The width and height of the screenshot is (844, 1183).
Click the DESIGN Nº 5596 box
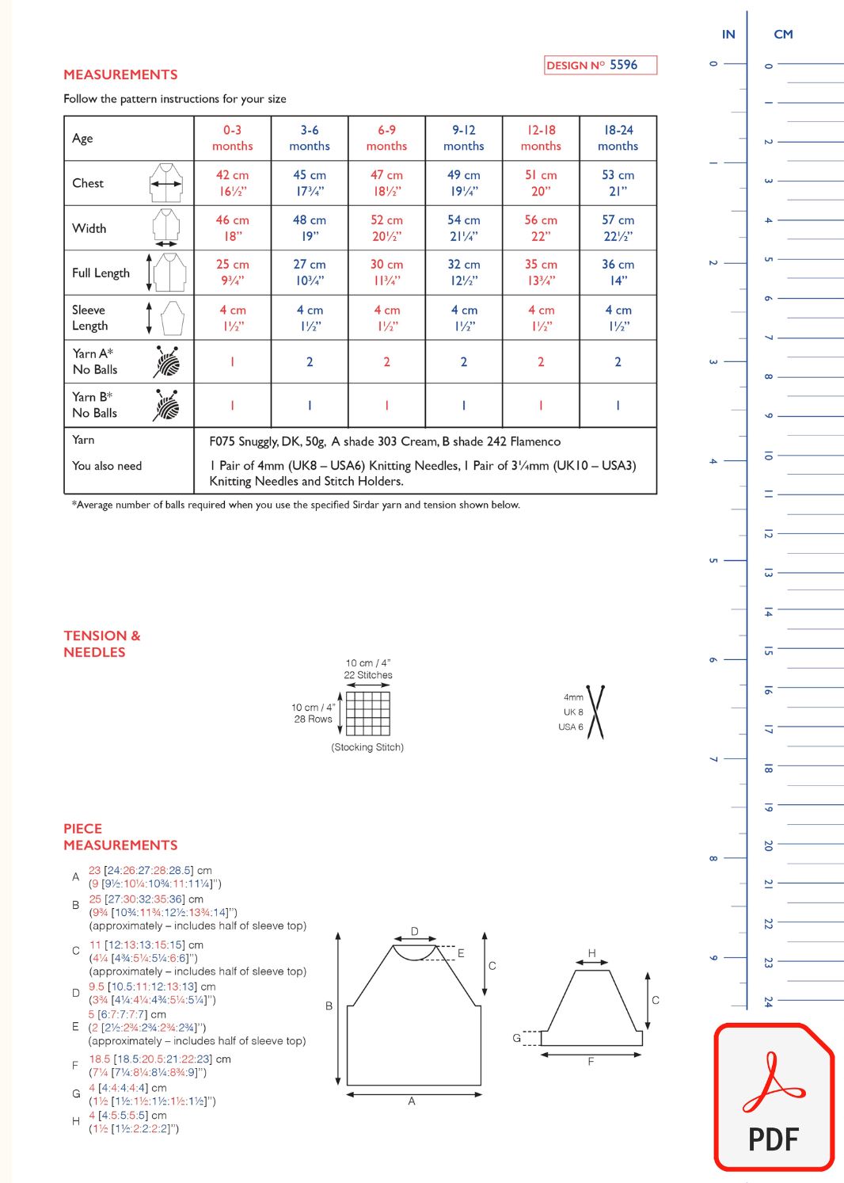click(x=601, y=65)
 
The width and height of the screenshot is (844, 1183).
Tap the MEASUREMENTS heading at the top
click(x=120, y=74)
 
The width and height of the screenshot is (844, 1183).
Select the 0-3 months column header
click(x=232, y=138)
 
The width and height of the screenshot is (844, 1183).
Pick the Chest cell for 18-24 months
click(x=618, y=183)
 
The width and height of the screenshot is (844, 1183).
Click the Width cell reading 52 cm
click(x=386, y=228)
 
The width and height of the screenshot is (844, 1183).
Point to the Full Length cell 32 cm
click(x=463, y=273)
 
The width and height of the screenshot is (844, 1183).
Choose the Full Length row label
click(x=101, y=273)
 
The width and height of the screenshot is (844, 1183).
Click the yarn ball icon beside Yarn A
click(x=166, y=362)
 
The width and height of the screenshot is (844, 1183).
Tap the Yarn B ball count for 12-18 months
click(x=541, y=406)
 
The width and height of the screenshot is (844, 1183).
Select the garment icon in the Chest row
click(x=166, y=183)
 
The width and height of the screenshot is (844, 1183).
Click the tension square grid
click(x=368, y=713)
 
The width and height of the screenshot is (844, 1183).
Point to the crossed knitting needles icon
click(x=595, y=712)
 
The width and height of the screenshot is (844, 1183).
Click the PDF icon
click(x=774, y=1097)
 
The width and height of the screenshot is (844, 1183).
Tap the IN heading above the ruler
click(x=728, y=34)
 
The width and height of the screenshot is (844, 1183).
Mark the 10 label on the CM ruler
click(x=767, y=456)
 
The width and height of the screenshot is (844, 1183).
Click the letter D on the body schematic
click(x=414, y=932)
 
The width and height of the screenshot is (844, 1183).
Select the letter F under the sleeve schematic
click(x=591, y=1062)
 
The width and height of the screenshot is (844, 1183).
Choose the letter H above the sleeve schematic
click(x=591, y=953)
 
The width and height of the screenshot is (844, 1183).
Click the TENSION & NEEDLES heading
click(x=102, y=643)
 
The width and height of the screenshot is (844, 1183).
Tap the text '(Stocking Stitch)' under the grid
click(x=367, y=747)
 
